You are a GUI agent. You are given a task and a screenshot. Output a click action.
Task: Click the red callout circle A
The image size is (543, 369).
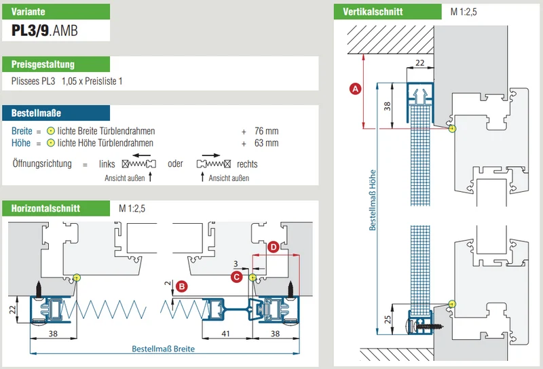(x=355, y=89)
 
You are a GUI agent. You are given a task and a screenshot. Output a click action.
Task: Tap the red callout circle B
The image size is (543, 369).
(x=181, y=287)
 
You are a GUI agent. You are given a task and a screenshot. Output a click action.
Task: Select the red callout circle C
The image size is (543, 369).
(x=237, y=277)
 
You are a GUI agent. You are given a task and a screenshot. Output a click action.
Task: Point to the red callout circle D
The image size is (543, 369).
(x=274, y=247)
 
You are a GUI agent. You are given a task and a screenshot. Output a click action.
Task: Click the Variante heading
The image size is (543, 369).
(x=29, y=12)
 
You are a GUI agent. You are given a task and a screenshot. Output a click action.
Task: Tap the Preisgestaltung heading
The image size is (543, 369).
(x=43, y=64)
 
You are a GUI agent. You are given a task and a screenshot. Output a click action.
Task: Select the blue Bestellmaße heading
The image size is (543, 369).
(x=36, y=113)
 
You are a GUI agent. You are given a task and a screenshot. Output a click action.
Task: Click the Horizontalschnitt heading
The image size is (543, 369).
(x=45, y=208)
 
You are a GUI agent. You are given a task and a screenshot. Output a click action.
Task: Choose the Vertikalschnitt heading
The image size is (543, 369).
(x=373, y=12)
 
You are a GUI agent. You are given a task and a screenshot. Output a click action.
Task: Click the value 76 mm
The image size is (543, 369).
(x=266, y=131)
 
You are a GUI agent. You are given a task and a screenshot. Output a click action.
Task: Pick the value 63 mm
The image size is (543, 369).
(x=266, y=143)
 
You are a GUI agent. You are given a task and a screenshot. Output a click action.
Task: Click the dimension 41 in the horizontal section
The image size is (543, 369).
(x=225, y=333)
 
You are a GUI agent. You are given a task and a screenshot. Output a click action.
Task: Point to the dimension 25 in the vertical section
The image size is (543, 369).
(x=388, y=319)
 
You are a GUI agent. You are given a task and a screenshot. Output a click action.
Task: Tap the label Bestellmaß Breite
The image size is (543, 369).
(x=163, y=349)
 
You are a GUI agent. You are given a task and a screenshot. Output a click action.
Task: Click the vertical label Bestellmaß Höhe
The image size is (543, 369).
(x=373, y=200)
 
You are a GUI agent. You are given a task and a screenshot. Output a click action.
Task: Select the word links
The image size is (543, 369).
(x=107, y=163)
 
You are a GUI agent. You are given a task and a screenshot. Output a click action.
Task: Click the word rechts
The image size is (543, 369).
(x=247, y=164)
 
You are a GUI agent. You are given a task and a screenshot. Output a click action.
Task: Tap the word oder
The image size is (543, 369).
(x=175, y=163)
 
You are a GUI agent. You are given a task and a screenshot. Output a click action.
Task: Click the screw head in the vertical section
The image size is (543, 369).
(x=409, y=326)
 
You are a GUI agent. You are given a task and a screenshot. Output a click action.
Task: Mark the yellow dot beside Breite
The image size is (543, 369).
(x=51, y=131)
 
